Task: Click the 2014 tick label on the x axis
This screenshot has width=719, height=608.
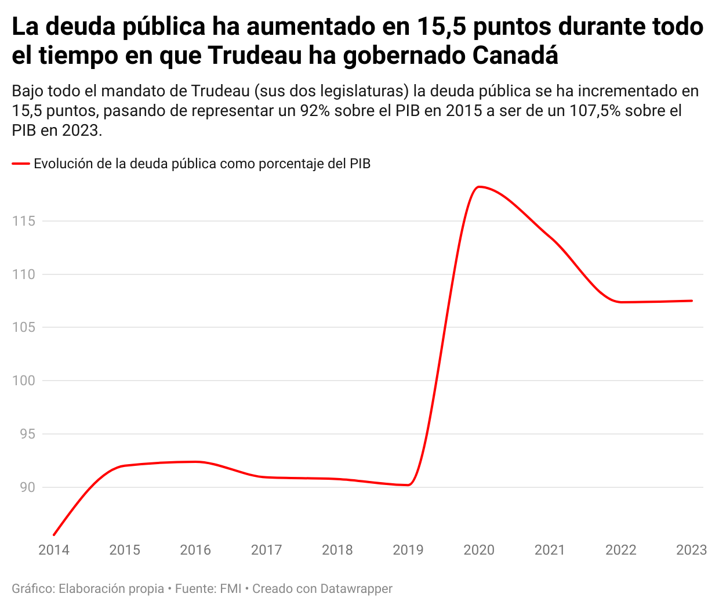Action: click(x=54, y=550)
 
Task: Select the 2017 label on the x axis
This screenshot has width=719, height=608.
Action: click(x=266, y=550)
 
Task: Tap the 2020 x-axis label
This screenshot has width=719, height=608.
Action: click(x=479, y=550)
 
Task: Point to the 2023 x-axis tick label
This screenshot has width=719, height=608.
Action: click(x=691, y=550)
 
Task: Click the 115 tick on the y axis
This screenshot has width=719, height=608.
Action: click(x=24, y=221)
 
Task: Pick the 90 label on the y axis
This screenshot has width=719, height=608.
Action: click(x=27, y=487)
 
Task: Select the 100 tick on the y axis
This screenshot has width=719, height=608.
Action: click(x=24, y=381)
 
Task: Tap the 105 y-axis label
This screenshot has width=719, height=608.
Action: click(x=24, y=327)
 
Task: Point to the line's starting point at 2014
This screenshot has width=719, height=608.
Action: click(x=54, y=534)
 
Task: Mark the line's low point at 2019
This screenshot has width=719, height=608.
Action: click(x=408, y=485)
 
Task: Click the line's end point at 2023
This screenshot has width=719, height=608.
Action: click(x=692, y=301)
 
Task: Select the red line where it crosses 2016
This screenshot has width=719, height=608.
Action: click(x=195, y=462)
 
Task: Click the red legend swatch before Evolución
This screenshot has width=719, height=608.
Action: click(x=21, y=164)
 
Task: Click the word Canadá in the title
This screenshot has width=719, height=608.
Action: click(x=515, y=56)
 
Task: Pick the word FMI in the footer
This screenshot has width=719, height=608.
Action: click(x=230, y=589)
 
